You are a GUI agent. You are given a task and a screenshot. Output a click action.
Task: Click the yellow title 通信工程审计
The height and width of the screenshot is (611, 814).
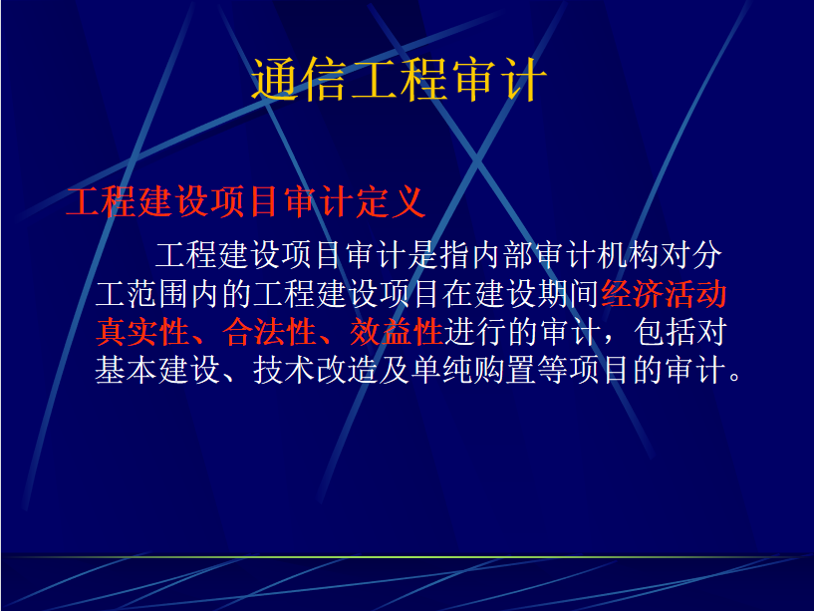coord(399,80)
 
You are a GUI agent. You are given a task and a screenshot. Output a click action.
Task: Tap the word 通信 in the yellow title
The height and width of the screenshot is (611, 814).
coord(299,80)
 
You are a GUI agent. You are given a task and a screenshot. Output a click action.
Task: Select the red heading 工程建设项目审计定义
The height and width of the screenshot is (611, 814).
coord(246,201)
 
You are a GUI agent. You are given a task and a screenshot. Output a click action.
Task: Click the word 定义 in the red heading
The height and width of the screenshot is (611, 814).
coord(391,201)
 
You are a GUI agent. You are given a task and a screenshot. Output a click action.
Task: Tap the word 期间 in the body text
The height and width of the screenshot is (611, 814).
coord(568,294)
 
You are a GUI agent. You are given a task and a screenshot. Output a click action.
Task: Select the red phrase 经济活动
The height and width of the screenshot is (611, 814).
coord(664,294)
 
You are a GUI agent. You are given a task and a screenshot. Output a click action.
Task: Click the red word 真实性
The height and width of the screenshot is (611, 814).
coord(142,333)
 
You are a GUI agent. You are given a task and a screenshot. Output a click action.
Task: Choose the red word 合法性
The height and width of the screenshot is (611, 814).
coord(269,333)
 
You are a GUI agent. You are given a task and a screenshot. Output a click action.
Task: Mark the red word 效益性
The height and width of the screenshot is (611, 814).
coord(397,333)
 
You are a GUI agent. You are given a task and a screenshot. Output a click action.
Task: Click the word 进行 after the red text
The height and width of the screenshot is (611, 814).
coord(475,333)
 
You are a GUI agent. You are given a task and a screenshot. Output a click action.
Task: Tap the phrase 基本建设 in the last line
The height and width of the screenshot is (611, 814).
coord(157,371)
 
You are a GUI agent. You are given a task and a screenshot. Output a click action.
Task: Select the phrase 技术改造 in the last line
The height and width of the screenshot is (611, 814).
coord(316,371)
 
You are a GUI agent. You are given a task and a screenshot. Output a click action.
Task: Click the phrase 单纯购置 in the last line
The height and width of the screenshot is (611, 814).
coord(474,371)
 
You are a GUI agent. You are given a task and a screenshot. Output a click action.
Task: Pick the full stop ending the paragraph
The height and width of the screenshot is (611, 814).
coord(734,377)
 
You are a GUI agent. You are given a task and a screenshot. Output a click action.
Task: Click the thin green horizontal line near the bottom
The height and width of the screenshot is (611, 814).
coord(407,557)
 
